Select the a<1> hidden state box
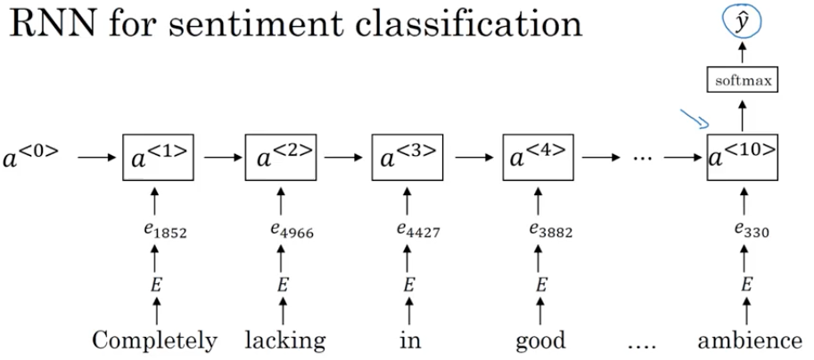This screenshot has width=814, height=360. click(x=156, y=158)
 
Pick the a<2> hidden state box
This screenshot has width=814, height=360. click(x=283, y=158)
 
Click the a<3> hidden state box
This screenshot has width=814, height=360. click(x=409, y=158)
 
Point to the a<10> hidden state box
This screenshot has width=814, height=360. click(x=741, y=158)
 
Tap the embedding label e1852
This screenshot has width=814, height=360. click(x=158, y=233)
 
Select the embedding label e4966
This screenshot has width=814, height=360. click(x=285, y=233)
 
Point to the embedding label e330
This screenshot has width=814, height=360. click(x=743, y=233)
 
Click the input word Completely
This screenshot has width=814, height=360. click(x=154, y=340)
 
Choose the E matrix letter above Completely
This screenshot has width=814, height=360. click(x=157, y=286)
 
